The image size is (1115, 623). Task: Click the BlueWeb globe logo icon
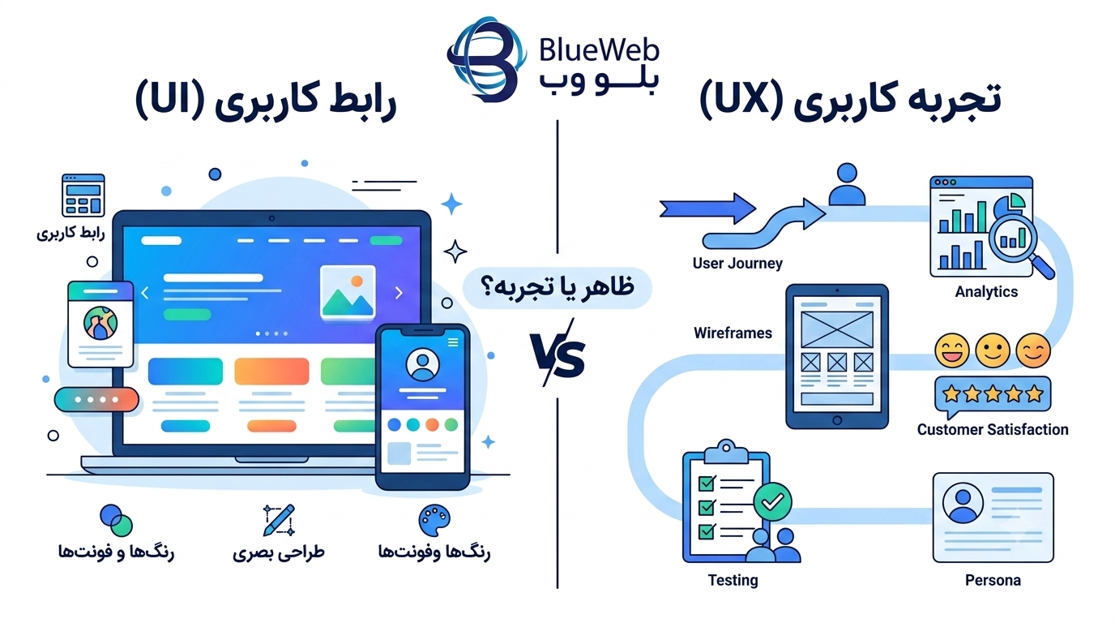[486, 58]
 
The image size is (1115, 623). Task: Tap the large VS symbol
[557, 354]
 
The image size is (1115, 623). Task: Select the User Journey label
[737, 263]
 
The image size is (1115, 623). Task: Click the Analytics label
[986, 291]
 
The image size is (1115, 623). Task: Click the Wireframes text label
[733, 333]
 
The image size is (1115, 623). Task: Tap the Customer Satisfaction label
[993, 430]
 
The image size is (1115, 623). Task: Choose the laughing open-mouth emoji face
[952, 350]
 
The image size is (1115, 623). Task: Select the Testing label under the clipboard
[733, 580]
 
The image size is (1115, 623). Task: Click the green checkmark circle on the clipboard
[772, 502]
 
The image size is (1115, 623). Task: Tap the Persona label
[993, 580]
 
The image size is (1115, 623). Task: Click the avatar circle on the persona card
[963, 503]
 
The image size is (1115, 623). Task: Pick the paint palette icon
[434, 521]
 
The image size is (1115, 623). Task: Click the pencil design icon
[279, 520]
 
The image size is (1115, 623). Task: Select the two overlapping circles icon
[117, 520]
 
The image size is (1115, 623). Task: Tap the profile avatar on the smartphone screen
[423, 364]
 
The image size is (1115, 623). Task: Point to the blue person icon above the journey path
[847, 184]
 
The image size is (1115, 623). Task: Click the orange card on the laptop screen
[271, 372]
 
